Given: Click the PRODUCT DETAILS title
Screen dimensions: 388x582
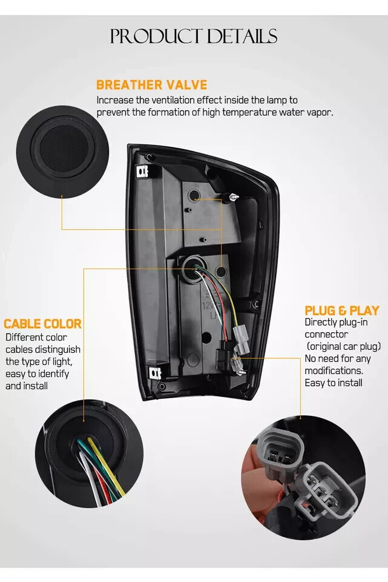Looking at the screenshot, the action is pos(194,36).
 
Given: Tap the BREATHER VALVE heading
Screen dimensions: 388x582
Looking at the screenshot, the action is pos(151,85).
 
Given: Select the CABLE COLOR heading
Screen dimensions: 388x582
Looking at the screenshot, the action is pos(42,324).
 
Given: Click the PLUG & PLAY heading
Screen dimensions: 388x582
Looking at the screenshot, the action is pos(342,310).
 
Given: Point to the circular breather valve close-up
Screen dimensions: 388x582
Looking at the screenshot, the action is pos(62,152).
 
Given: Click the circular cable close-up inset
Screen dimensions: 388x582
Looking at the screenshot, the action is pos(89,453).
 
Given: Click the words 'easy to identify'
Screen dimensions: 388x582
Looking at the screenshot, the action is pos(37,373).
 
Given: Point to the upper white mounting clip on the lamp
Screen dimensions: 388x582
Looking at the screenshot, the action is pos(142,172).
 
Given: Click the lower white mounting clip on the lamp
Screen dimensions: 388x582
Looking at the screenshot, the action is pos(155,373).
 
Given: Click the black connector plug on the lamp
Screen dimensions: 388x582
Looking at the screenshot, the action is pos(223,356).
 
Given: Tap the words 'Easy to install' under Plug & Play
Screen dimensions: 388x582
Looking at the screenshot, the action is pos(334,383).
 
